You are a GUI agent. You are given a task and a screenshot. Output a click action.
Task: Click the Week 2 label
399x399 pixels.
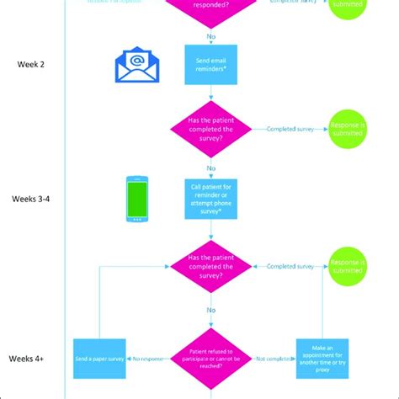[31, 64]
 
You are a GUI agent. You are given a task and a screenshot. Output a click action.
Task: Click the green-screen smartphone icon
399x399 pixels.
[137, 199]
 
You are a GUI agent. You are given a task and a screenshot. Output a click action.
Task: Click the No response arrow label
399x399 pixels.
[146, 359]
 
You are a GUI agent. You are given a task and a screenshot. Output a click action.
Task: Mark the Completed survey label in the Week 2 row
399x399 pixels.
[291, 129]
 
